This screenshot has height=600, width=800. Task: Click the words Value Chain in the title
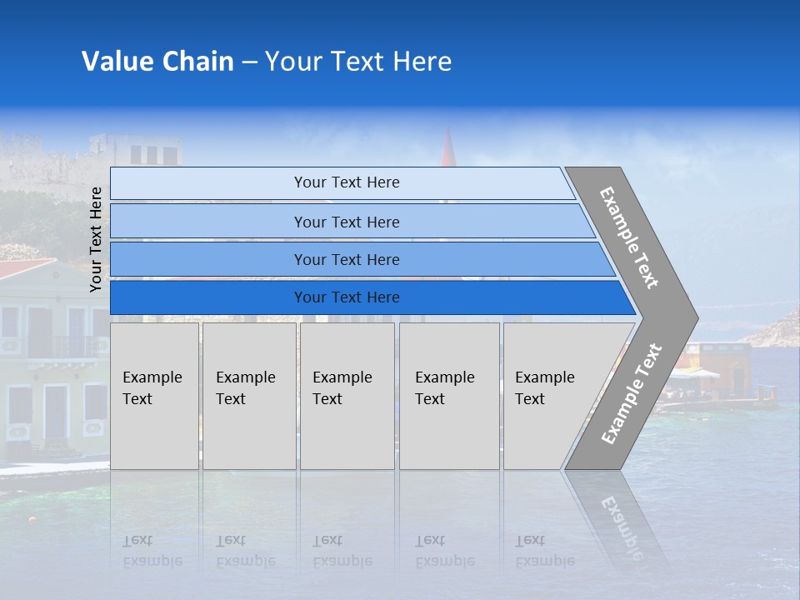point(157,62)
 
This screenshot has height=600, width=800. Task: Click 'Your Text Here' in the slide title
point(358,62)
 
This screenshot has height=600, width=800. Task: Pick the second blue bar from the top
point(347,222)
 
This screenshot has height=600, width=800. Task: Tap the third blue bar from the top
point(347,259)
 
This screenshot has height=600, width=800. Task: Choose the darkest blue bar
point(347,297)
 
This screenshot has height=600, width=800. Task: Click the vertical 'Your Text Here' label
point(96,239)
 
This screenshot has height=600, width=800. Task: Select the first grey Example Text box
point(154,395)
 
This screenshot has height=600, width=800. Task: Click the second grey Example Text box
point(248,395)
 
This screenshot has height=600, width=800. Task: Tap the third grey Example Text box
point(346,395)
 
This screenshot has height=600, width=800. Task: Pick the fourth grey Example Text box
point(448,395)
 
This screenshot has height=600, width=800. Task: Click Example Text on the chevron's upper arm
point(629,238)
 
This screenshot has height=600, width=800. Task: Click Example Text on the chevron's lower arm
point(632,393)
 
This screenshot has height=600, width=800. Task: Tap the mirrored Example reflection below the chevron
point(621,521)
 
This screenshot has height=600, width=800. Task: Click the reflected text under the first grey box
point(152,551)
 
